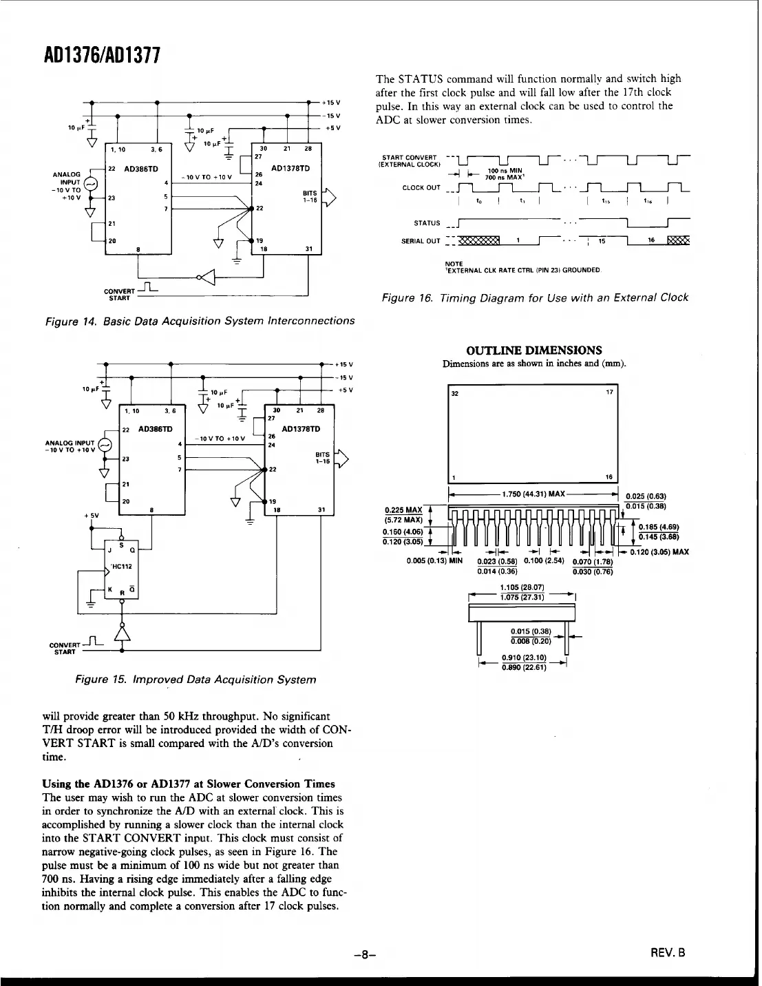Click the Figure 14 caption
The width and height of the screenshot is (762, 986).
pos(200,321)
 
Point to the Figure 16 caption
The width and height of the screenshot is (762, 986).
pos(535,297)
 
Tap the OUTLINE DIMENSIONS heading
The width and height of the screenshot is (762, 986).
pos(533,350)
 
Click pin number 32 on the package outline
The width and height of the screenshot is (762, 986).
pos(454,394)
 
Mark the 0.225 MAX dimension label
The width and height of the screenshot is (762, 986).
pos(404,510)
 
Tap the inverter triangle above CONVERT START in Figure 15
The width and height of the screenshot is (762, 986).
pos(122,630)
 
